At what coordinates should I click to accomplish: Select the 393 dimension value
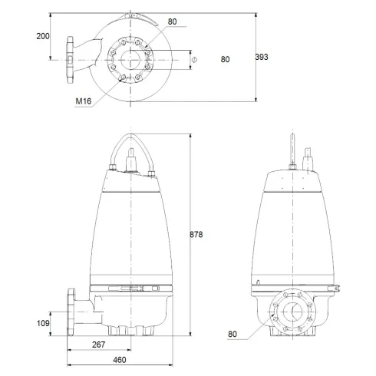[x=262, y=58]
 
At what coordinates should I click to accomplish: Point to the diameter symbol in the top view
[x=194, y=59]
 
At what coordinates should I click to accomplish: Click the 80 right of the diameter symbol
[x=226, y=59]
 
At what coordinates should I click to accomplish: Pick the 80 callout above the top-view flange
[x=172, y=21]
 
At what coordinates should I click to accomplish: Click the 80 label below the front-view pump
[x=233, y=334]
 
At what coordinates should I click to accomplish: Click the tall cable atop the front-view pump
[x=292, y=150]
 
